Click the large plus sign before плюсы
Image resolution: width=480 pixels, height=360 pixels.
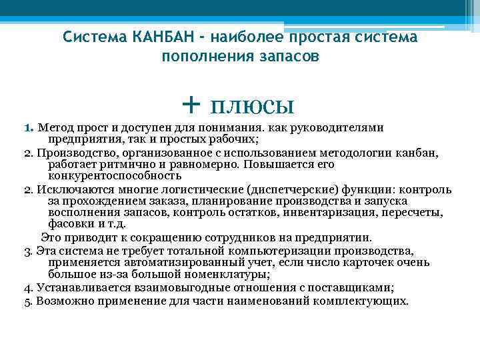pos(191,105)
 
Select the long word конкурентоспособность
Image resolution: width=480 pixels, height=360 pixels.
pos(114,176)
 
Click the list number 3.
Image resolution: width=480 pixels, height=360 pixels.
pos(27,251)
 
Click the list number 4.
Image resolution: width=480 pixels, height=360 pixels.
pos(27,288)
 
